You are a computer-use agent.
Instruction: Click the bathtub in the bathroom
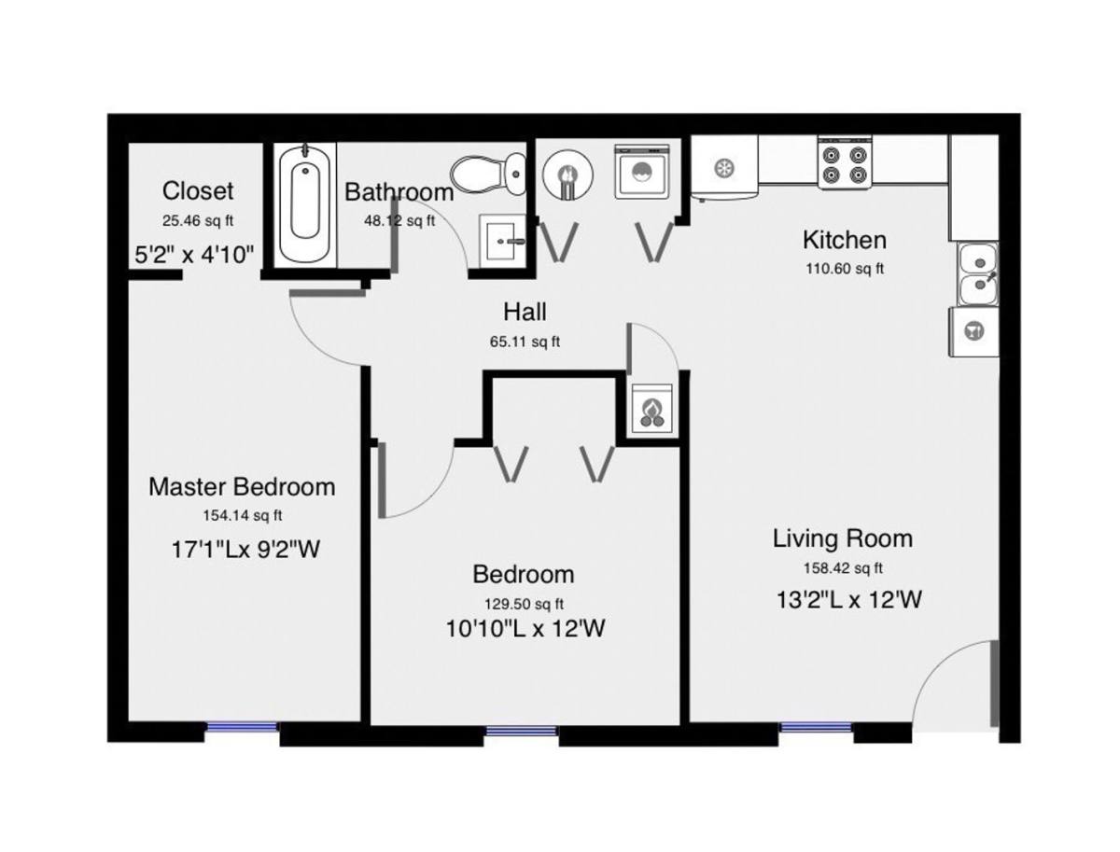point(304,204)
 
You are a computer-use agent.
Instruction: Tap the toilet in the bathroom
point(488,174)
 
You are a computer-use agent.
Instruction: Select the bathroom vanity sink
point(502,241)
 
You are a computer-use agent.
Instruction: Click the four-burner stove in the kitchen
point(845,163)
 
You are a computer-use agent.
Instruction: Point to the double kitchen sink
point(977,274)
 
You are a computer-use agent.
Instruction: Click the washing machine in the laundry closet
point(642,172)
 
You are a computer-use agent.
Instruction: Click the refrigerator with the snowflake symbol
point(724,167)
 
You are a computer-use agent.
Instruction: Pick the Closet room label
point(198,190)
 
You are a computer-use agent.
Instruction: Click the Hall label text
point(525,312)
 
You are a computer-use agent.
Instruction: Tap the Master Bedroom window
point(242,726)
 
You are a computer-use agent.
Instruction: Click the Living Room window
point(815,727)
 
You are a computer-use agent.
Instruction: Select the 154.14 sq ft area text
point(243,515)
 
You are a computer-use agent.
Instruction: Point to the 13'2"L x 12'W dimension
point(848,599)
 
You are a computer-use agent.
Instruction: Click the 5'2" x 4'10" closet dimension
point(194,254)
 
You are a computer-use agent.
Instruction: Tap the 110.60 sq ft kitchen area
point(845,269)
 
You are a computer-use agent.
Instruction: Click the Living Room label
point(843,538)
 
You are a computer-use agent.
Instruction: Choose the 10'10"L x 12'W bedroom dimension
point(525,629)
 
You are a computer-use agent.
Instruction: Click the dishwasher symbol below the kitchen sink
point(973,331)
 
